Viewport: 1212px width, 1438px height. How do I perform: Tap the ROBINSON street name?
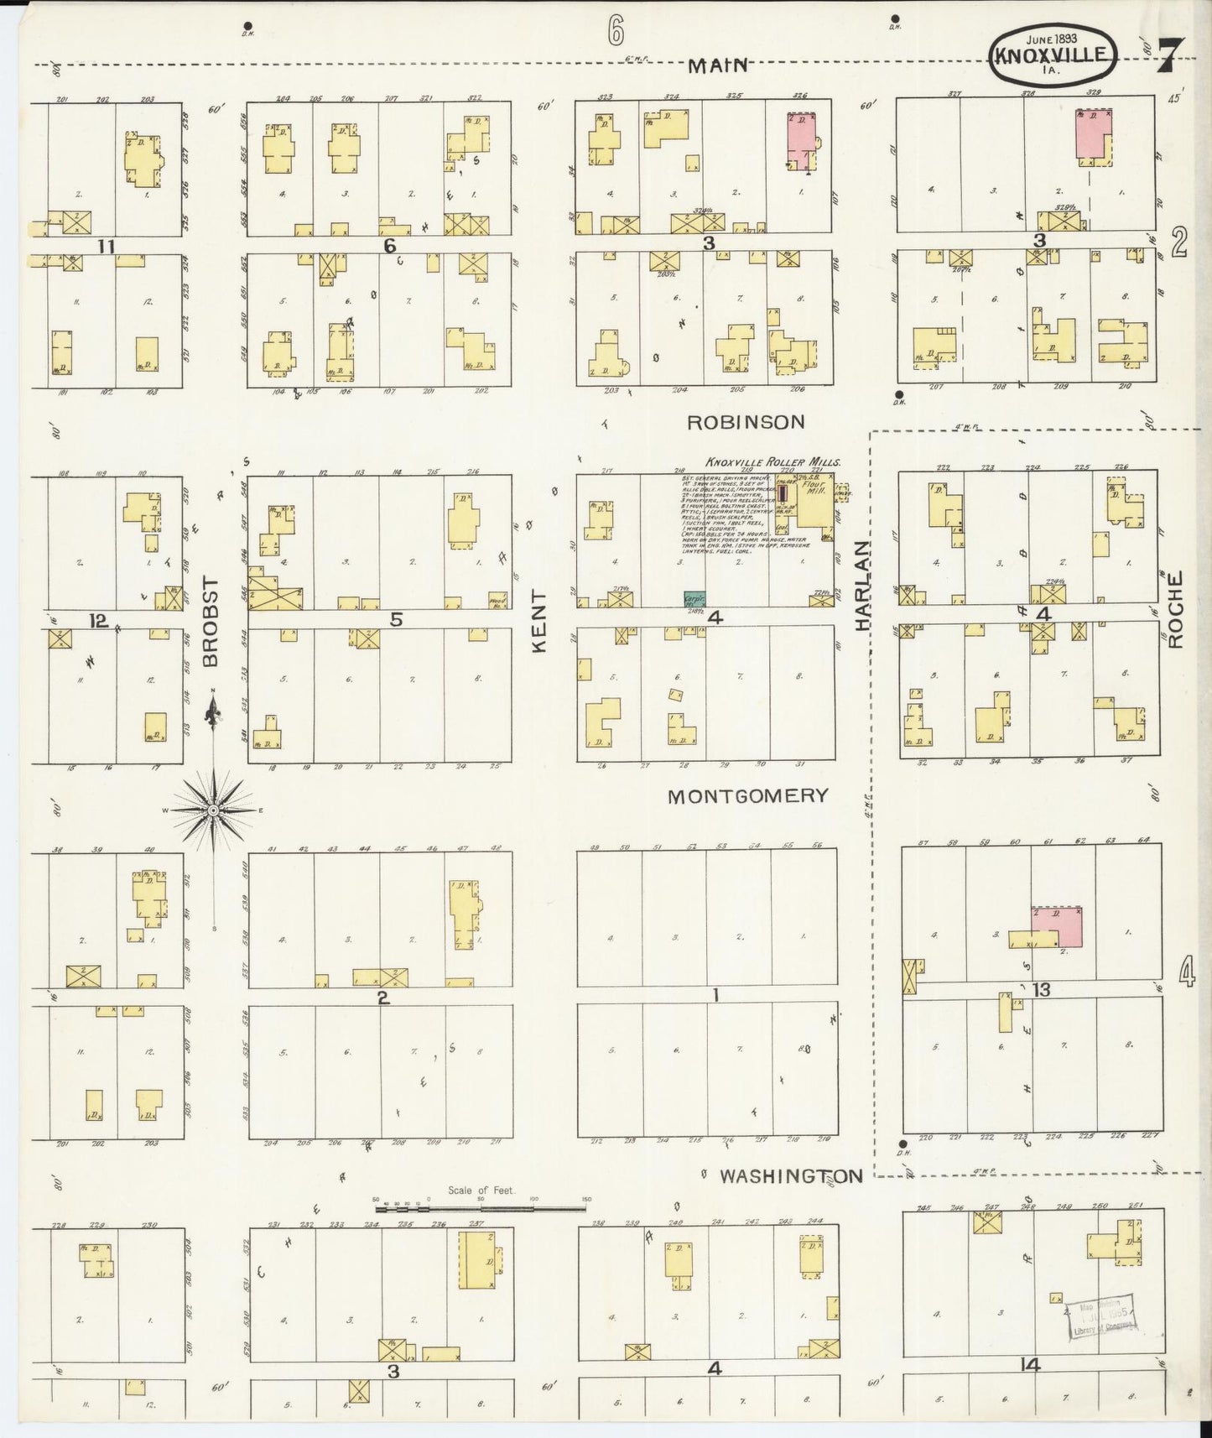pos(745,422)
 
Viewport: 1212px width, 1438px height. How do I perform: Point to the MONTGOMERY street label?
pos(747,796)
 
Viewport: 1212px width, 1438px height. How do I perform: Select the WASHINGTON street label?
pos(791,1176)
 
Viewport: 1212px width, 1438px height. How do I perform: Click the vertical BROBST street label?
pos(211,622)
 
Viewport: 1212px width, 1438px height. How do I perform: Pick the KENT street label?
pos(538,622)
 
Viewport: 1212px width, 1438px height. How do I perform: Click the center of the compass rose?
pos(213,810)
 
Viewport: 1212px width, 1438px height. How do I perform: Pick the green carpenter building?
pos(694,599)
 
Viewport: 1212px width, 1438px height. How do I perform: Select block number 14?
pos(1031,1365)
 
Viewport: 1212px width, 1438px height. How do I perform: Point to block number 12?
pos(99,621)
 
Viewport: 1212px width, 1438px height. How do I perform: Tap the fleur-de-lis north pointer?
pos(213,716)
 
